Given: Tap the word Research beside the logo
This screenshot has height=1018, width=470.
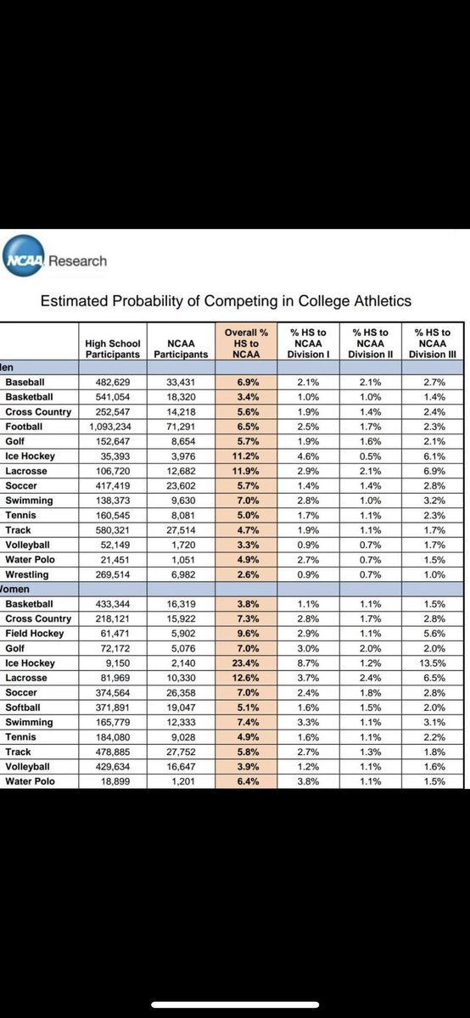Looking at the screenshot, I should pos(77,261).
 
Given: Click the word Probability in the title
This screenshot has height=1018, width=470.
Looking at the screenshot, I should pos(156,300).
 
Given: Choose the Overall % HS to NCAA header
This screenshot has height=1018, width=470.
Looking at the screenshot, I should pos(245,343).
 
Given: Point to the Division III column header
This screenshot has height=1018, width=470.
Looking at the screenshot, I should pos(434,343).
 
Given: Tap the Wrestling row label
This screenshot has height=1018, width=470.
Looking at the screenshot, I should pos(29,573).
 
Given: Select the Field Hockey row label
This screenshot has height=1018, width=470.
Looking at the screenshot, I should pos(35,632).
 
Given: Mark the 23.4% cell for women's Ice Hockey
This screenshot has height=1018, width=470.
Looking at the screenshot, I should pos(245,663).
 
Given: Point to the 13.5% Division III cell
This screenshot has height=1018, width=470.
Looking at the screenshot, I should pos(434,663).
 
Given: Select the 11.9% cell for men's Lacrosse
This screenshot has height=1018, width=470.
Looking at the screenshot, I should pos(245,471).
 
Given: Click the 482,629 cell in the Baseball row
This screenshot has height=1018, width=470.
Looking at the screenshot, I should pos(113,383).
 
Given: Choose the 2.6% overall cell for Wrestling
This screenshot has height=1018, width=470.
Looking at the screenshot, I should pos(245,573).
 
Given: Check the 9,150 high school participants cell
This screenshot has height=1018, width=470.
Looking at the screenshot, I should pos(113,663).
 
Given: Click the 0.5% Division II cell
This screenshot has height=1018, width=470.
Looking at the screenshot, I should pos(368,456).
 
